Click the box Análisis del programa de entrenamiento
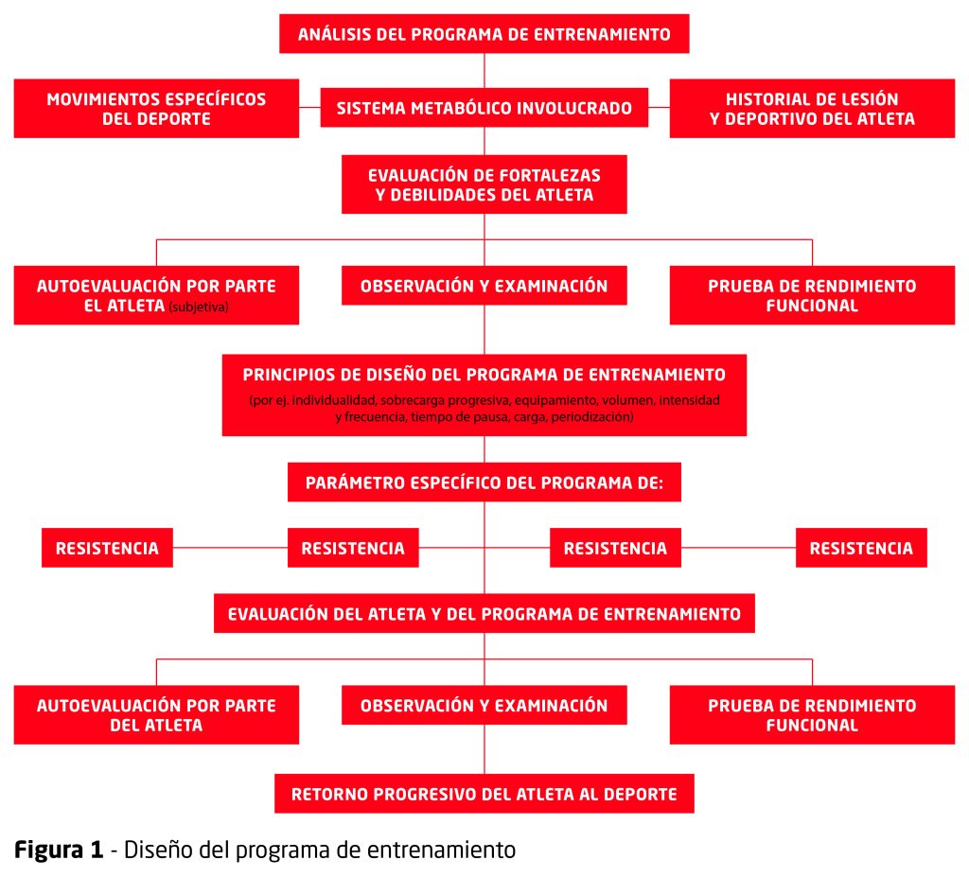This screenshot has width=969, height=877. click(x=484, y=34)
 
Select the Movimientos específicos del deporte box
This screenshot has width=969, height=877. click(x=156, y=108)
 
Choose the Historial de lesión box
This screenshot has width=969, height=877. click(x=812, y=108)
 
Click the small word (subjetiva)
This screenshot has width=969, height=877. click(x=199, y=307)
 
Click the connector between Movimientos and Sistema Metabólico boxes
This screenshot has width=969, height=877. click(x=309, y=108)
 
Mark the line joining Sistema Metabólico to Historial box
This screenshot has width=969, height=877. click(x=659, y=108)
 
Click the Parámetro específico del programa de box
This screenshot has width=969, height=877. click(x=484, y=482)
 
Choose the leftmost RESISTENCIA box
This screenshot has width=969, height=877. click(x=107, y=548)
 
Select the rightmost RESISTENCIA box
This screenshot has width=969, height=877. click(x=861, y=548)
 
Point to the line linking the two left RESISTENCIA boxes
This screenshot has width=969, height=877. click(x=230, y=548)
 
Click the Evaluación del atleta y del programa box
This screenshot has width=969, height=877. click(x=484, y=613)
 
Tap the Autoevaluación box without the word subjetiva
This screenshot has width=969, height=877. click(x=156, y=714)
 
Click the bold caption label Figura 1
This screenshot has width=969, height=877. click(x=59, y=850)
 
